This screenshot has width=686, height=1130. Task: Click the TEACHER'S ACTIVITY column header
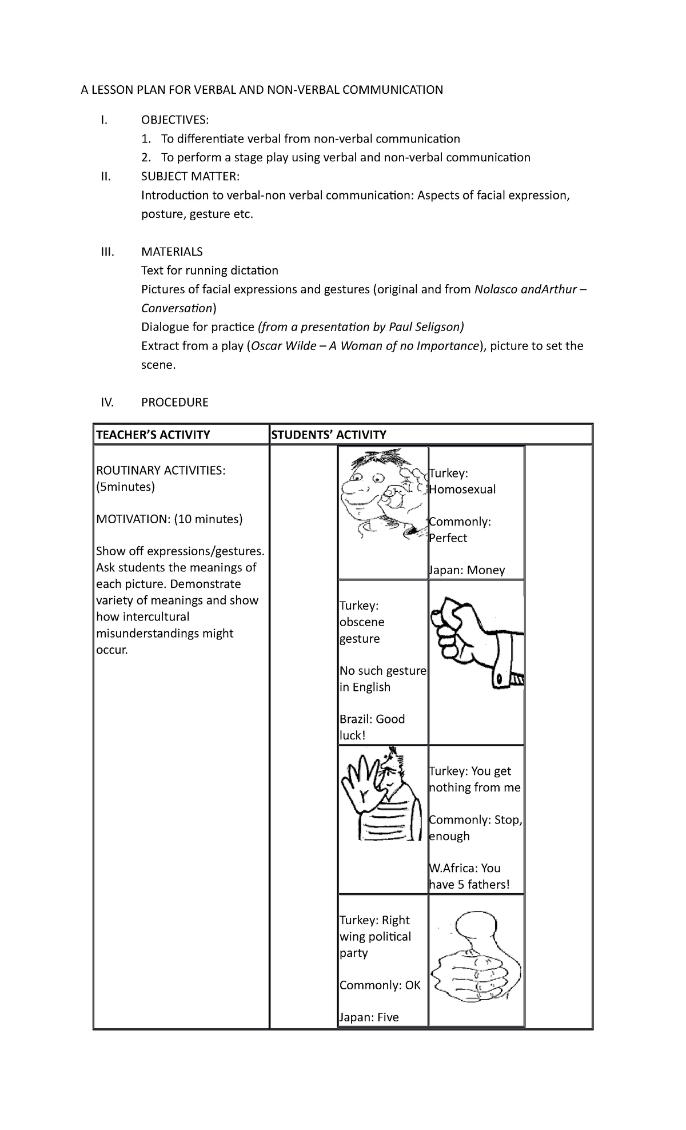click(153, 435)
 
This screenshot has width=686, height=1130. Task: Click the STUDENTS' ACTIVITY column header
click(329, 435)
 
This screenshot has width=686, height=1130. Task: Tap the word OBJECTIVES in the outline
click(175, 120)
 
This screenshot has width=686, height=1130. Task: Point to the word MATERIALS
click(171, 252)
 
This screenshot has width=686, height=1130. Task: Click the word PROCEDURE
click(174, 402)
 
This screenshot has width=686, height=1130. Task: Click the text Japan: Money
click(467, 570)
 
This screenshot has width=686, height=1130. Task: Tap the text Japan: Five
click(369, 1017)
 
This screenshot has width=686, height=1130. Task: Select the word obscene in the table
click(362, 622)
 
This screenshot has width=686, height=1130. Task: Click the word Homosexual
click(462, 490)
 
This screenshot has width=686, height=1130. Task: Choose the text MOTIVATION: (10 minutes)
click(169, 519)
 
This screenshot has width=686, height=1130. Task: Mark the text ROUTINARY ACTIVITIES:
click(161, 470)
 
